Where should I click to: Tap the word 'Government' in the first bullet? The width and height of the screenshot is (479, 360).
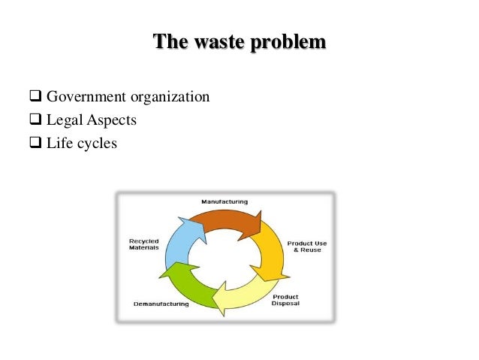[86, 98]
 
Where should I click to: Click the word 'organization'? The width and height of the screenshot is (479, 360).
[170, 98]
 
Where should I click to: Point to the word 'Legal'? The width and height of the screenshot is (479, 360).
[65, 120]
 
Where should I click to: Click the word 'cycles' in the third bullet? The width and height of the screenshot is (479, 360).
[95, 142]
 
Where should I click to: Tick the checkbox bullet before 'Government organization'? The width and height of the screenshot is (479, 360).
[35, 98]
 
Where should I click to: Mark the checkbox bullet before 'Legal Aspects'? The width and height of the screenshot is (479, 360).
[35, 119]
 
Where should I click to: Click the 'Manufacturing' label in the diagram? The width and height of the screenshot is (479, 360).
[224, 201]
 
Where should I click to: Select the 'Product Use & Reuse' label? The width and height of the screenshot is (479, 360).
[306, 247]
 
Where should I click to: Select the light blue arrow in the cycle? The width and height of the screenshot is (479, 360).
[179, 242]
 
